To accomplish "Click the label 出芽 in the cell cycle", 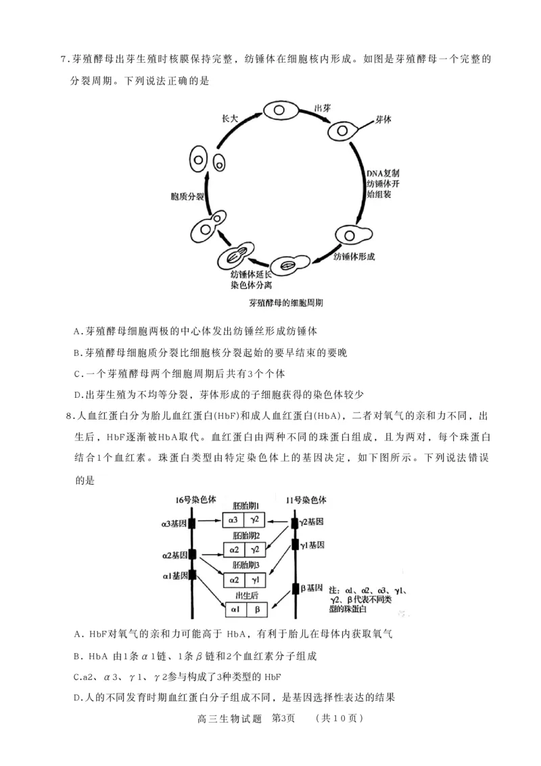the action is click(x=322, y=108).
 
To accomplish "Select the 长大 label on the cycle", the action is click(x=231, y=118).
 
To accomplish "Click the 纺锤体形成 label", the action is click(x=354, y=256).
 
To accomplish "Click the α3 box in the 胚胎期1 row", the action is click(x=233, y=520).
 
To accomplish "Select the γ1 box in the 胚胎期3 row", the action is click(x=256, y=580).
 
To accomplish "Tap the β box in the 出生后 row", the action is click(x=257, y=610).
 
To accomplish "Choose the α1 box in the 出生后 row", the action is click(x=235, y=610).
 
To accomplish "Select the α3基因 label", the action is click(x=174, y=523).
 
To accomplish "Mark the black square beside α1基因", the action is click(x=193, y=575).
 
